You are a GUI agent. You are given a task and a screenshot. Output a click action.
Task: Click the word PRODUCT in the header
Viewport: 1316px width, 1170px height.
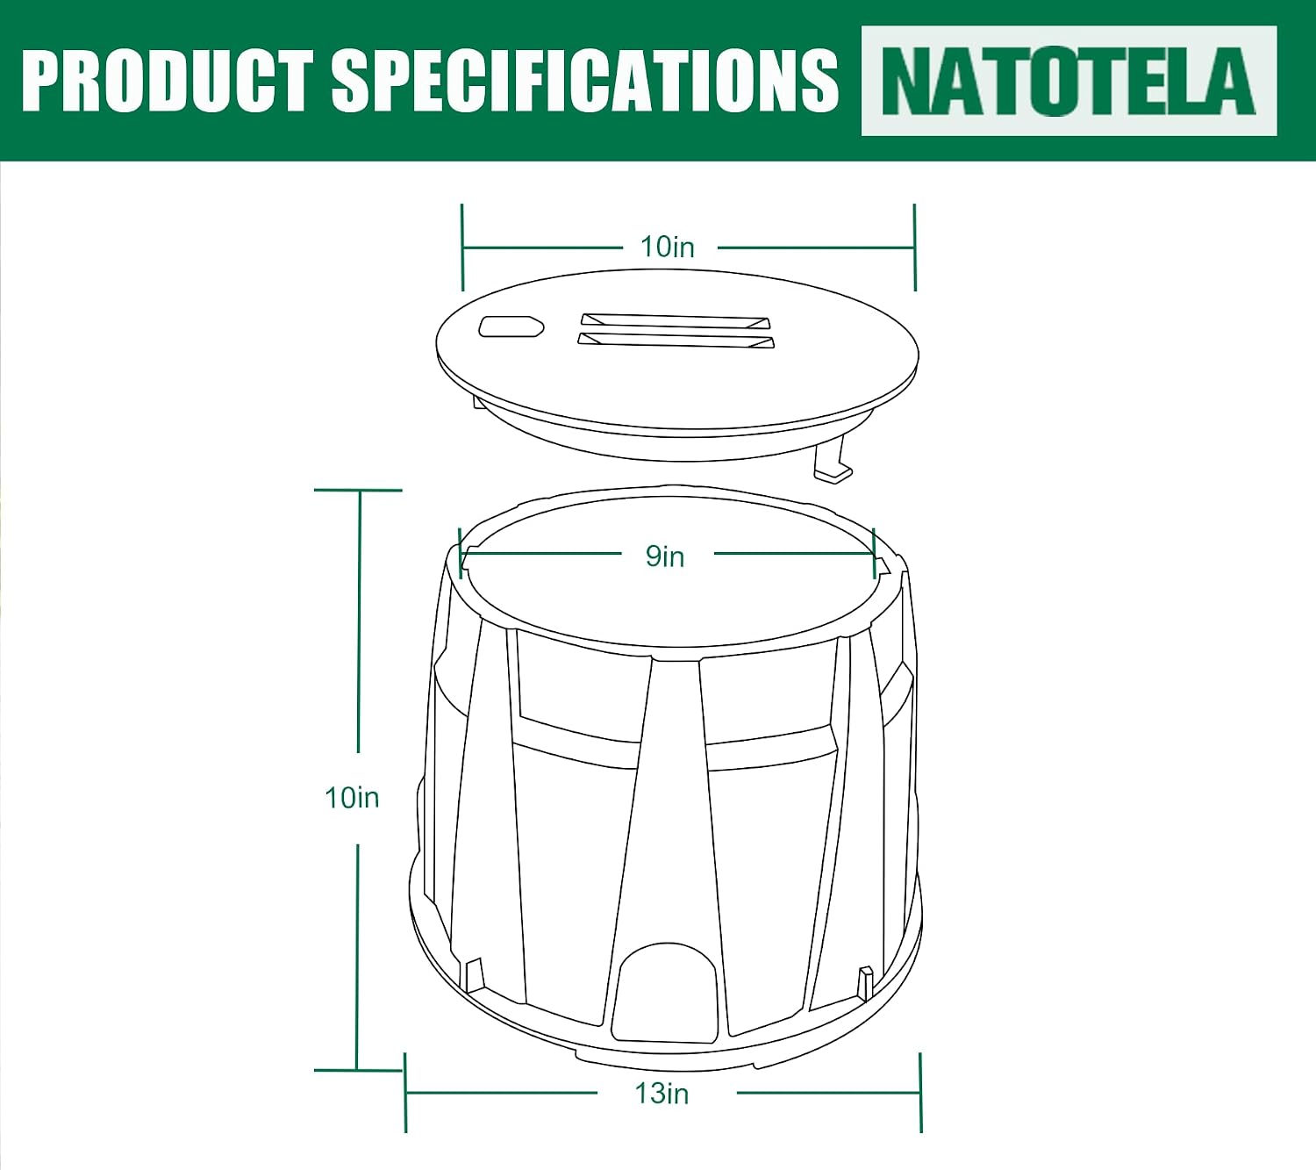point(168,82)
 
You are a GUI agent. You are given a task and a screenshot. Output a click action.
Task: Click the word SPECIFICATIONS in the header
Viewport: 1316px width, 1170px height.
point(585,82)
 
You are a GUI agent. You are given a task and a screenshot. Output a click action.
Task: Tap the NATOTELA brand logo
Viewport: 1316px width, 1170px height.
point(1069,82)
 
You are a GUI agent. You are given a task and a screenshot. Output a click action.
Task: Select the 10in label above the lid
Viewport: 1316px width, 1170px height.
point(667,247)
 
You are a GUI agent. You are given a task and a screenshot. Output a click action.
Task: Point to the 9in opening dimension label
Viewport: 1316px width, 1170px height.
point(665,556)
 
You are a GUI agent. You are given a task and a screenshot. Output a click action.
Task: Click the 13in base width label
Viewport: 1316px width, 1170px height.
point(662,1094)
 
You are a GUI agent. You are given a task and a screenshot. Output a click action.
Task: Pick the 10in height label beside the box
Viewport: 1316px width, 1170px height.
point(352,798)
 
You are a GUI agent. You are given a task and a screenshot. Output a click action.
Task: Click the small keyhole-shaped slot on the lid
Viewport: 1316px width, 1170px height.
point(511,327)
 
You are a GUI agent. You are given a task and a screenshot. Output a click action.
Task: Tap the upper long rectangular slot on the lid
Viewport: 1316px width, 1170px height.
point(676,321)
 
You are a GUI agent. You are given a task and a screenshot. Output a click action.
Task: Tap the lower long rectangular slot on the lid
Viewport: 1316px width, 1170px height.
point(676,340)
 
